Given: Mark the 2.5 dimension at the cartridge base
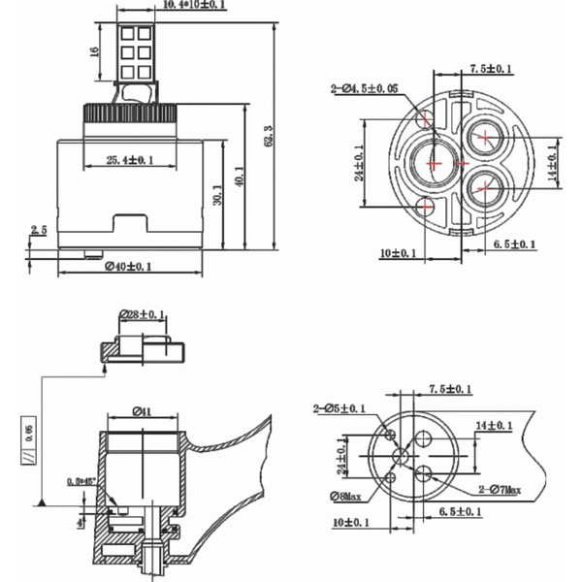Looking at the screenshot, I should coord(38,231).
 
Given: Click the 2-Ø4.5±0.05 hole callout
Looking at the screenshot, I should coord(365,89).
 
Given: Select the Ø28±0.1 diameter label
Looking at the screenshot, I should coord(143,314).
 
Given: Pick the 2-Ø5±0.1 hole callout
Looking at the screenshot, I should coord(339,408).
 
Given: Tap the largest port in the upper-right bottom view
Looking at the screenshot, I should coord(432,164).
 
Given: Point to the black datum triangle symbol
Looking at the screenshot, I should coord(44,501).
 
